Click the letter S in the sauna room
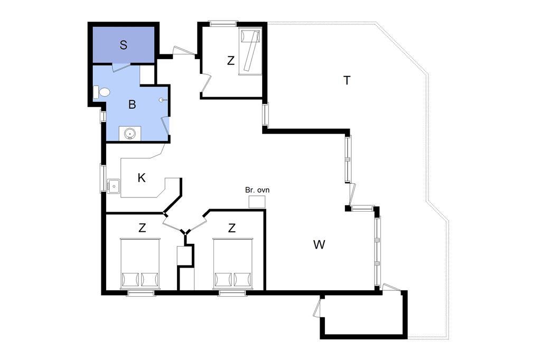[x=124, y=45]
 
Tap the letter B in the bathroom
[x=132, y=104]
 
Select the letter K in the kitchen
[x=142, y=178]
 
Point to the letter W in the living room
[x=319, y=244]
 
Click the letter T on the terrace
[x=347, y=80]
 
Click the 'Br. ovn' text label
[x=257, y=190]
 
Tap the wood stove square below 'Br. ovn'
[x=257, y=202]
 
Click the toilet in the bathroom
[x=102, y=92]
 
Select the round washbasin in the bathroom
[x=130, y=133]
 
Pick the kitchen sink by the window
[x=113, y=186]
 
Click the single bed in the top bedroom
[x=250, y=52]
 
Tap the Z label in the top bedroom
[x=231, y=61]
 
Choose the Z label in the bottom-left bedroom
[x=142, y=228]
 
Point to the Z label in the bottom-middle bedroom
[x=231, y=228]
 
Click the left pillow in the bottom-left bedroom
[x=130, y=279]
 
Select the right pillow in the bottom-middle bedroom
[x=242, y=279]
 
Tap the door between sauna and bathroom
[x=121, y=67]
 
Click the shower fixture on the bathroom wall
[x=163, y=100]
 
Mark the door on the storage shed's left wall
[x=318, y=308]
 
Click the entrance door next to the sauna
[x=184, y=51]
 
